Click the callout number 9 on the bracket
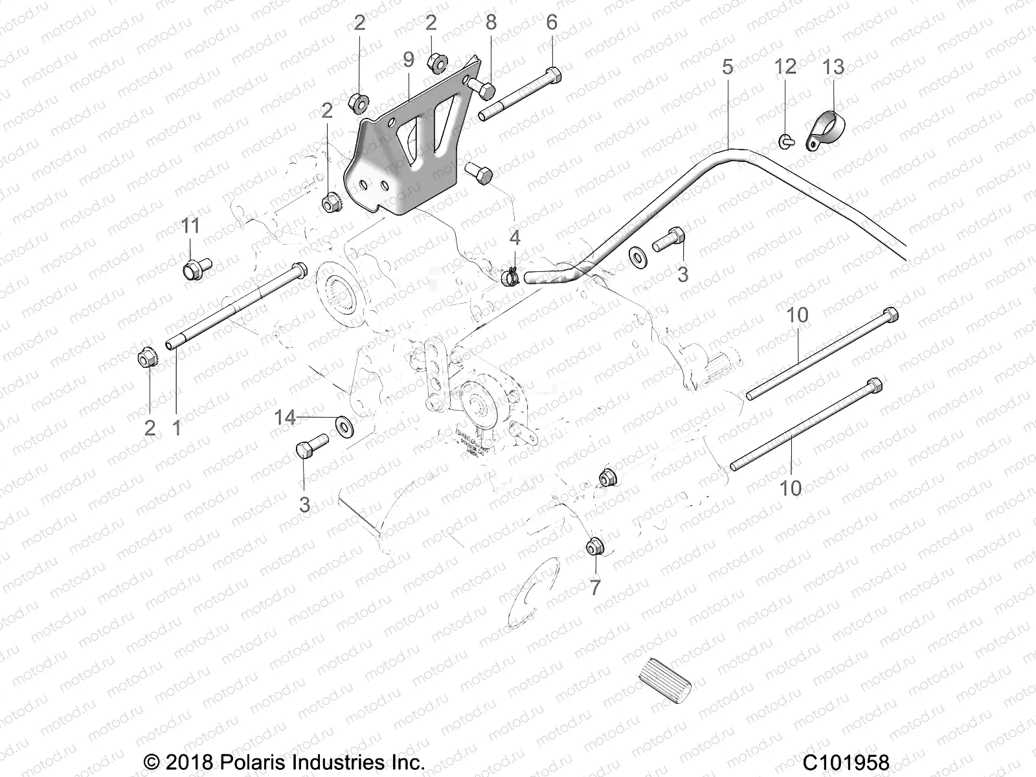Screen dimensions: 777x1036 pos(408,60)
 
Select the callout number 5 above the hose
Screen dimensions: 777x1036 pos(728,67)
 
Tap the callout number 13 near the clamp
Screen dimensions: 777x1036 pos(833,67)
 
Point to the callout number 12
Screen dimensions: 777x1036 pos(785,66)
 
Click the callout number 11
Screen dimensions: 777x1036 pos(190,226)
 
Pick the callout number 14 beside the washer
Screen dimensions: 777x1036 pos(285,418)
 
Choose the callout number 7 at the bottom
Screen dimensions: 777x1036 pos(595,587)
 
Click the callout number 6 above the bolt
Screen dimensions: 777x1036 pos(552,23)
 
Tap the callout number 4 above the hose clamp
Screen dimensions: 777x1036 pos(514,238)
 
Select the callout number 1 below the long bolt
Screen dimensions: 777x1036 pos(177,427)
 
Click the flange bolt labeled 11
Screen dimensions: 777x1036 pos(193,267)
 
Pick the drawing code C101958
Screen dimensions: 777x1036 pos(847,762)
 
